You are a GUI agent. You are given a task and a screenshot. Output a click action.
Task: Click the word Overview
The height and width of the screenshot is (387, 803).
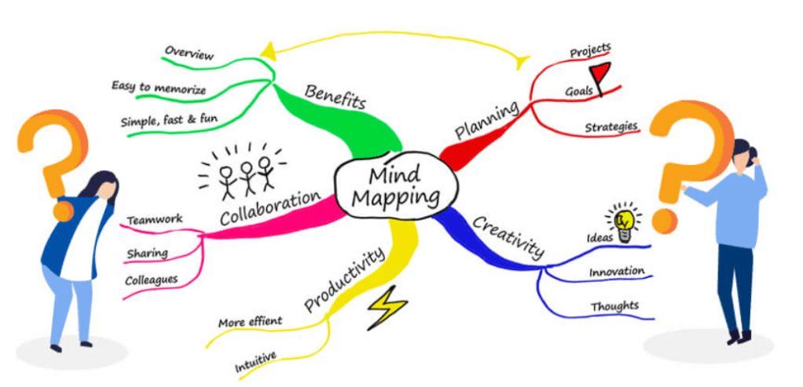tap(189, 55)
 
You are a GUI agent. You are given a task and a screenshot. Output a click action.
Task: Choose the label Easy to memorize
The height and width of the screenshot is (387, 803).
tap(158, 87)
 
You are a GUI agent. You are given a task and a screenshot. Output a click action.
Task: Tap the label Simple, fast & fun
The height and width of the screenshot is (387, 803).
tap(169, 120)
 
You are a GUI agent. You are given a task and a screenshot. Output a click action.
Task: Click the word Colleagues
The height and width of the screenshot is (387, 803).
tap(151, 279)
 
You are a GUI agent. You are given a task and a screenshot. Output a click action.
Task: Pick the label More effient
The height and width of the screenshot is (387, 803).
tap(250, 321)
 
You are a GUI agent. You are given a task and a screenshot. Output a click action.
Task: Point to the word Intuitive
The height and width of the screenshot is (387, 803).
tap(255, 362)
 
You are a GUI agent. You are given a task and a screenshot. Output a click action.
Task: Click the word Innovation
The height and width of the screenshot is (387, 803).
tap(617, 272)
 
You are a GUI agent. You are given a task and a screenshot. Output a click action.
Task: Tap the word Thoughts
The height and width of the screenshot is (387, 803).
tap(614, 305)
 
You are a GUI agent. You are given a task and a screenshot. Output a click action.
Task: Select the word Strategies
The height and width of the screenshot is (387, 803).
tap(610, 126)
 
